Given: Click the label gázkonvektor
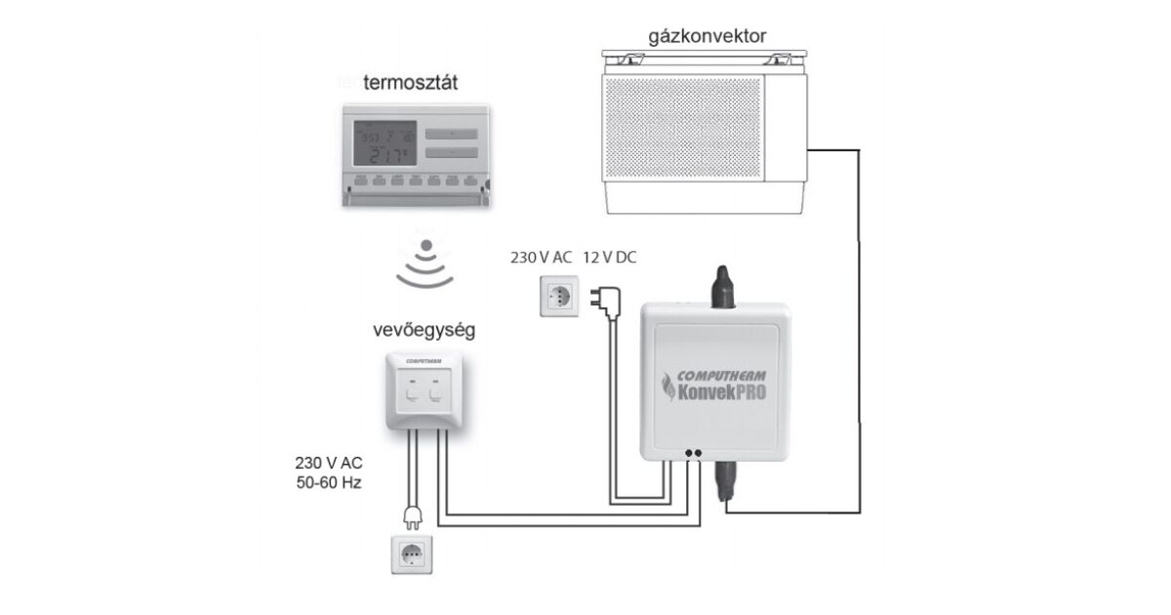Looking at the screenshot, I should tap(707, 36).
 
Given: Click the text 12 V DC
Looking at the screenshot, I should tap(611, 258).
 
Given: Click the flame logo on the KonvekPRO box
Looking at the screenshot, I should tap(671, 388).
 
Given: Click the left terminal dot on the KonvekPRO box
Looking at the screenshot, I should tap(689, 454).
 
